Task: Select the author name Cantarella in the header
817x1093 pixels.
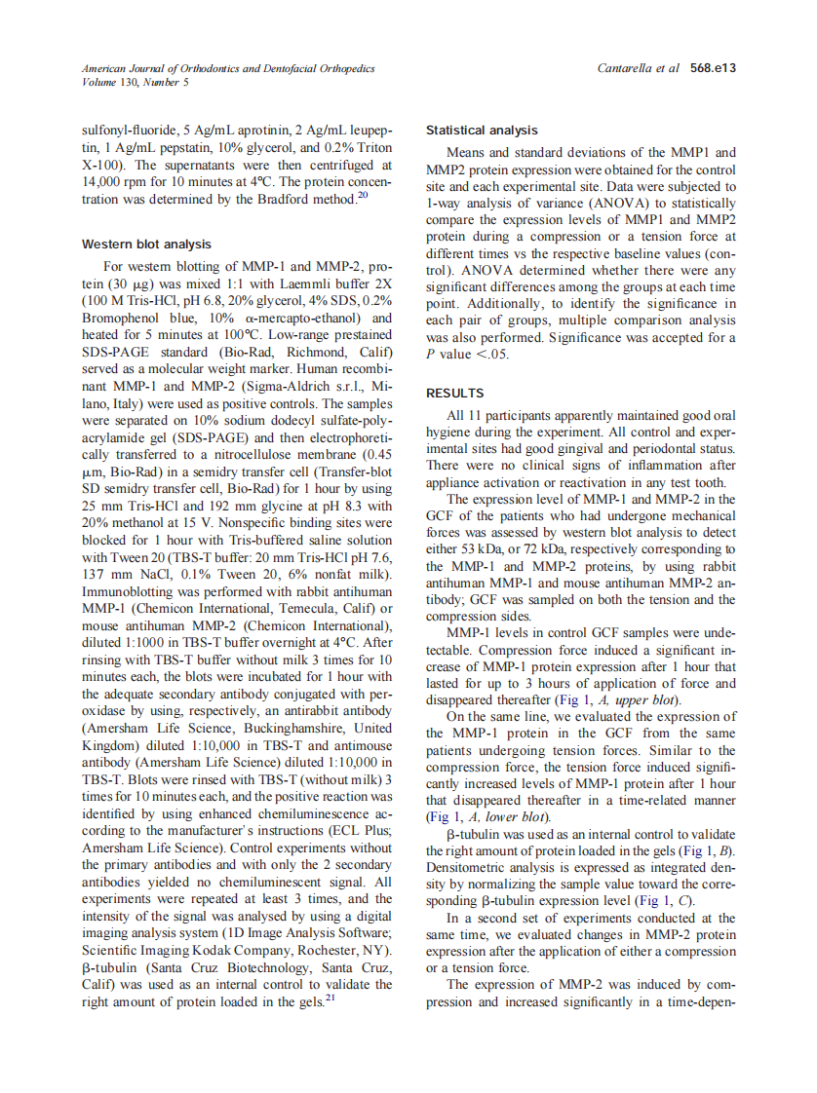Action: pyautogui.click(x=626, y=68)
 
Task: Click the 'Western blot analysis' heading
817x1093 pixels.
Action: pyautogui.click(x=146, y=244)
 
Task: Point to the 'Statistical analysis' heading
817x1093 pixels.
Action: pyautogui.click(x=482, y=130)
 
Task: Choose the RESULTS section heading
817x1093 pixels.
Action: pyautogui.click(x=454, y=394)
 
